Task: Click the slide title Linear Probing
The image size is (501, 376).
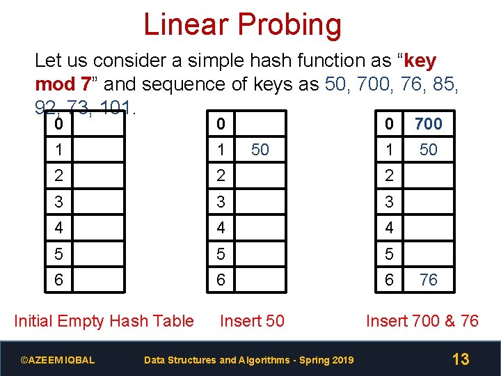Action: coord(242,25)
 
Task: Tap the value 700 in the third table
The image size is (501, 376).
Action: coord(429,124)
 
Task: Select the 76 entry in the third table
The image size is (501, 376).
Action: coord(429,280)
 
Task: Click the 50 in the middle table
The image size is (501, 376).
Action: coord(260,150)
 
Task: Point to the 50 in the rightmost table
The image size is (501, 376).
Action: coord(429,150)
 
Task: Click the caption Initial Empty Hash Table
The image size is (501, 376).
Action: coord(104,321)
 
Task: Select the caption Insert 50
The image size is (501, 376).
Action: coord(252,321)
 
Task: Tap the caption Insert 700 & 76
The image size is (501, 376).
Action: coord(422,321)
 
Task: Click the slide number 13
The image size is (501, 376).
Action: coord(461,359)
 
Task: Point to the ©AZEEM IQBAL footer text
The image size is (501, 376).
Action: coord(58,360)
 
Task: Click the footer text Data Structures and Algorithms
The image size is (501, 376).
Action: coord(248,360)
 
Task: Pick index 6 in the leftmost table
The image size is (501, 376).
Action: coord(59,280)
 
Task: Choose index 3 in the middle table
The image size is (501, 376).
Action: coord(221,202)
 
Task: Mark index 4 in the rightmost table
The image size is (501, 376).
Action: coord(390,228)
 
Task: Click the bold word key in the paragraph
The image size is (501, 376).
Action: coord(420,61)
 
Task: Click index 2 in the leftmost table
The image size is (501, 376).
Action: coord(59,175)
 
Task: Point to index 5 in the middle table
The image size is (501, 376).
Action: coord(221,254)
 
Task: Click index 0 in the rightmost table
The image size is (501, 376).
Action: coord(390,124)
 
